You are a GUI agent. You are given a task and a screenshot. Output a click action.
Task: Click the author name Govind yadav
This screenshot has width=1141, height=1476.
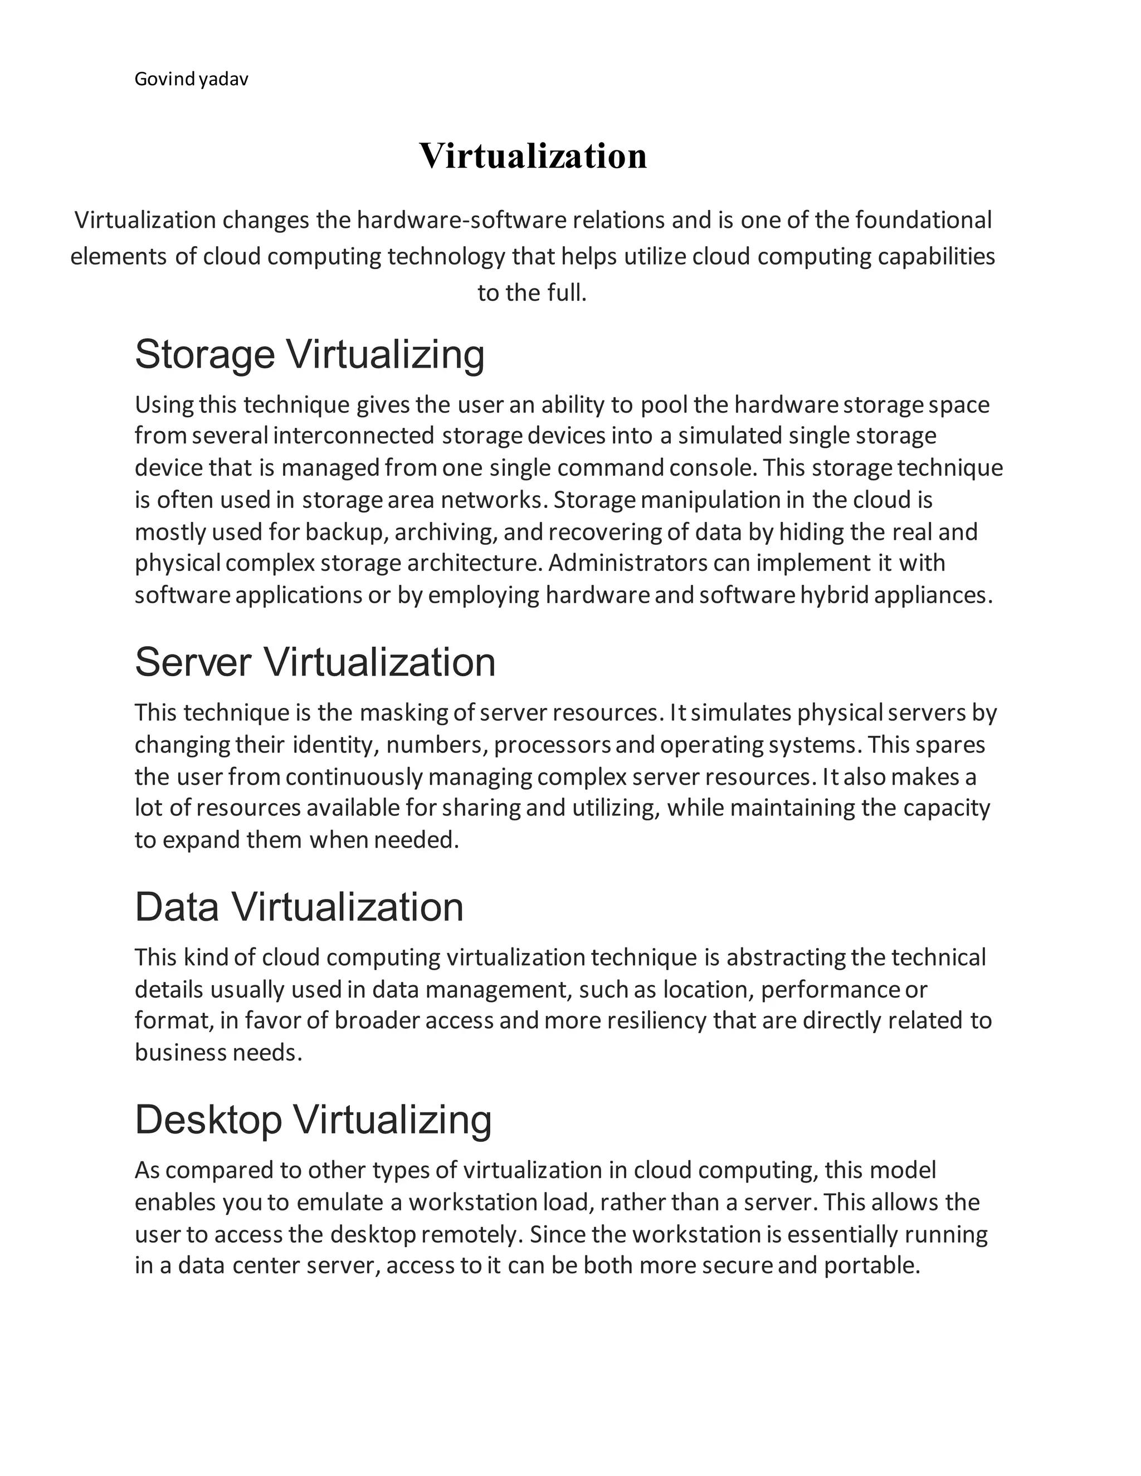click(191, 80)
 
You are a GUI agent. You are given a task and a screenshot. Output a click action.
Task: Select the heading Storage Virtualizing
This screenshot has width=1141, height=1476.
click(310, 354)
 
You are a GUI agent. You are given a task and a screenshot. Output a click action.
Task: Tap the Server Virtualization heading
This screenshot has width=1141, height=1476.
click(315, 662)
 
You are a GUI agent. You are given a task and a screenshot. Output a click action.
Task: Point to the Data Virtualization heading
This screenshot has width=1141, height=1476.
click(299, 907)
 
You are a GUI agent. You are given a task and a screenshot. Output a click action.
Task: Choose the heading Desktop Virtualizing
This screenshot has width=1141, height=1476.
click(313, 1120)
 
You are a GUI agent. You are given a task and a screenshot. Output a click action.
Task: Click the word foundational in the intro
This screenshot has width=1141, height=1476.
click(923, 221)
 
